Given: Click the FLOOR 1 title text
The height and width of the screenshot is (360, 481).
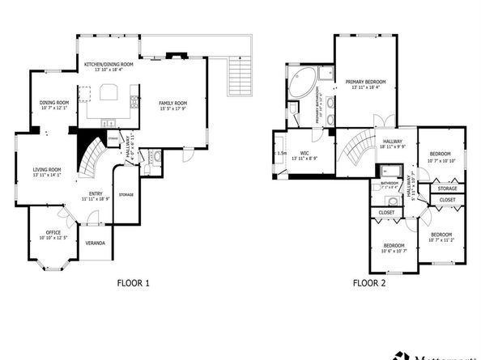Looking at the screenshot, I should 134,283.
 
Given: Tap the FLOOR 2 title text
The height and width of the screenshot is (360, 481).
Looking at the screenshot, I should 368,283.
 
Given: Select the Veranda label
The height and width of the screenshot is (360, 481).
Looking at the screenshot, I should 96,243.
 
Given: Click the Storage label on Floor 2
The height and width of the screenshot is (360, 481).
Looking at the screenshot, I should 447,188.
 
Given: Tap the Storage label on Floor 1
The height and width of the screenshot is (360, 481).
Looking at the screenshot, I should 126,195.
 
